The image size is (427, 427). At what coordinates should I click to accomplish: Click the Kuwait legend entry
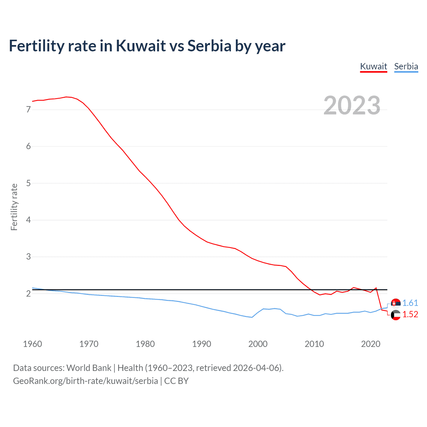coord(373,66)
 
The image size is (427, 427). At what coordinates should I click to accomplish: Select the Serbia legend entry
coord(406,66)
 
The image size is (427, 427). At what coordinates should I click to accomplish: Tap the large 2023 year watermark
coord(352,105)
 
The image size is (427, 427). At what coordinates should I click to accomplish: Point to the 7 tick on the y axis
coord(28,109)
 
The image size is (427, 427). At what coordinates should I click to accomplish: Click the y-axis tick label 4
coord(28,220)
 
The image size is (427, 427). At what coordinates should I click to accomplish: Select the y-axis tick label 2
coord(28,294)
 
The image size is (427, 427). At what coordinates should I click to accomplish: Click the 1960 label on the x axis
coord(32,344)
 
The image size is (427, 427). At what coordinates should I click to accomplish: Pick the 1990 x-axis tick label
coord(201,344)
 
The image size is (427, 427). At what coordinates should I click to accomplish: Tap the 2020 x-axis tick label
coord(371,344)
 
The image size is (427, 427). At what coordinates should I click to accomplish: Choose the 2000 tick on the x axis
coord(258,344)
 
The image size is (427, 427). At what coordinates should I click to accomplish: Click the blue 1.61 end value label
coord(410,303)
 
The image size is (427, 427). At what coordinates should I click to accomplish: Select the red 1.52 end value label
coord(410,314)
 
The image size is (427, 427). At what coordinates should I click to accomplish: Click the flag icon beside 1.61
coord(396,303)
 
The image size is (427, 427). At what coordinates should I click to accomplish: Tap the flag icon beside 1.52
coord(396,315)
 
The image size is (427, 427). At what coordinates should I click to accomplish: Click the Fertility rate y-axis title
coord(14,207)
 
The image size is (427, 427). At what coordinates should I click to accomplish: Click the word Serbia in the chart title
coord(209,46)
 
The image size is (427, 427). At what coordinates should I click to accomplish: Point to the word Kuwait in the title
coord(141,46)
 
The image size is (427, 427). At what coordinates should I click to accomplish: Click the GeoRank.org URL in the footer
coord(85,381)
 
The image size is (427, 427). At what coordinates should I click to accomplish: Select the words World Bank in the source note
coord(89,368)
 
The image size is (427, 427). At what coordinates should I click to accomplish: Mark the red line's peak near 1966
coord(66,97)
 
